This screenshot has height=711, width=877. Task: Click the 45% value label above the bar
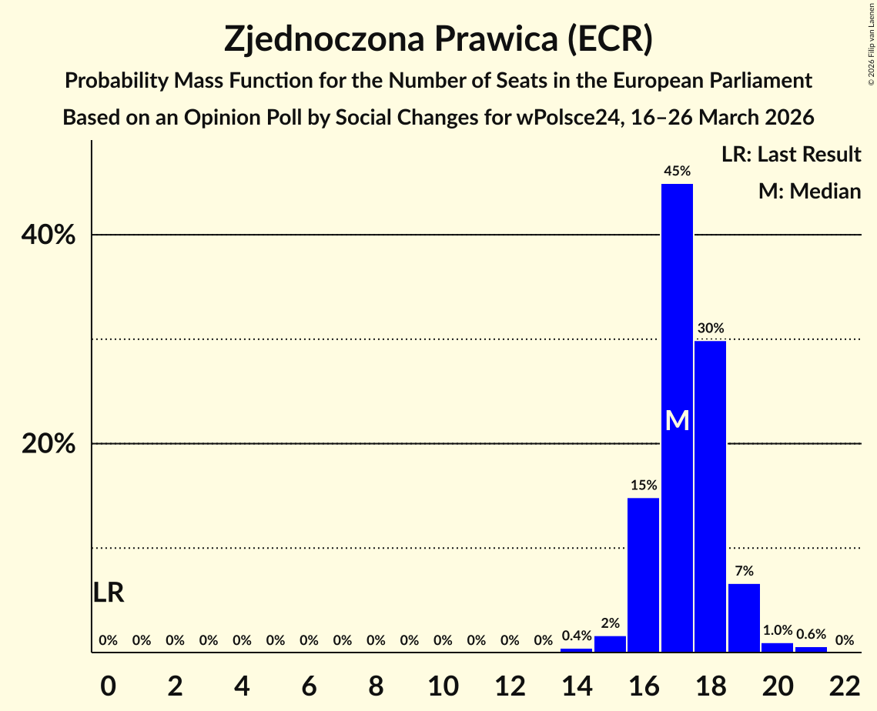(x=677, y=172)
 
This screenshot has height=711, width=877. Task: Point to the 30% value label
(x=710, y=329)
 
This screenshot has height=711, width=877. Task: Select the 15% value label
(x=643, y=486)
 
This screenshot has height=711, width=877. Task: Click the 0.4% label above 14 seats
(x=576, y=636)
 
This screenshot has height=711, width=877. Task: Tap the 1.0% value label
(x=777, y=630)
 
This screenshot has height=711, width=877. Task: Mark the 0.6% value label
(x=811, y=634)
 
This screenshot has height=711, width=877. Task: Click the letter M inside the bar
(x=677, y=420)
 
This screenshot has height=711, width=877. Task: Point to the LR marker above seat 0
(x=109, y=592)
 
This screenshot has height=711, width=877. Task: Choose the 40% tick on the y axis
(x=49, y=235)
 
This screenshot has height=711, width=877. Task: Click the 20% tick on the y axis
(x=49, y=445)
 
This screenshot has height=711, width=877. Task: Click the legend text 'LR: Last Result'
(x=791, y=155)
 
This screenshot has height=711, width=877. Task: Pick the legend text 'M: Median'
(x=809, y=191)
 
